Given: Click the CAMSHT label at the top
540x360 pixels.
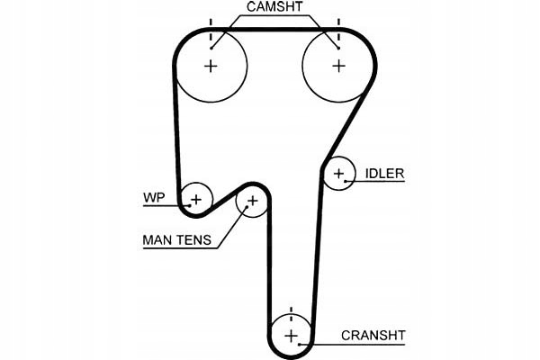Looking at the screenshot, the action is pos(274,7).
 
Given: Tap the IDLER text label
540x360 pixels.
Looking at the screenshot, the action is pos(384,174).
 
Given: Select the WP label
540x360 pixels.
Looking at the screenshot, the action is pos(154,198).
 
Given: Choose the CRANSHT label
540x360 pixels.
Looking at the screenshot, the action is pos(373,335).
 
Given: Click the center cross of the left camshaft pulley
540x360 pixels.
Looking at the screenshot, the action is pos(211,66).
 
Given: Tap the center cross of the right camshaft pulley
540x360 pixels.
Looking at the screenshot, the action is pos(339,66).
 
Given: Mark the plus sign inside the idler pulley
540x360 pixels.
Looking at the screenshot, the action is pos(339,174).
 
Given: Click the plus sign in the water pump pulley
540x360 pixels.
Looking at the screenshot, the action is pos(196,200).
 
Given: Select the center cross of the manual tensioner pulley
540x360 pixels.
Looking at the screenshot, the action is pos(252,201).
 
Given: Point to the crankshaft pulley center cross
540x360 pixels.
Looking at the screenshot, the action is pos(292,336).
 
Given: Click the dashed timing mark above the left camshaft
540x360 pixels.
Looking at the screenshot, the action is pos(211,31).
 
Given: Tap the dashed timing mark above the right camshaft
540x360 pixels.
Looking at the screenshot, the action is pos(339,31).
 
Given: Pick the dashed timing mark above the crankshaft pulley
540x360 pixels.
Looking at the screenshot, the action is pos(292,315).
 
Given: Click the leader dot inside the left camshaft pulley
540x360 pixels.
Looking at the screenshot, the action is pos(211,49).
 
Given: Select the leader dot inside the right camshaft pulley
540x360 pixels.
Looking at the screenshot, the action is pos(338,49).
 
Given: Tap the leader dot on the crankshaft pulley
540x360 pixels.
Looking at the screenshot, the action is pos(300,344).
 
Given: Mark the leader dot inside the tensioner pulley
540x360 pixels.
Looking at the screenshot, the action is pos(247,207).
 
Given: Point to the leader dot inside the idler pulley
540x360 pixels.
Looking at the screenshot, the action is pos(345,181).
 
